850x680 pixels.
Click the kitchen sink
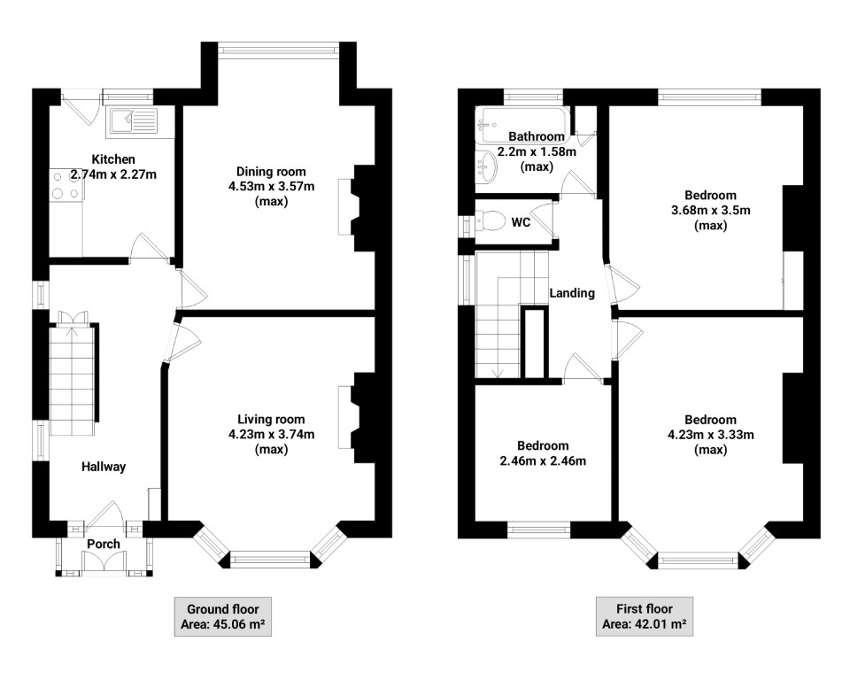click(x=130, y=120)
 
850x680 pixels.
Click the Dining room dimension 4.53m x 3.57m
click(x=271, y=187)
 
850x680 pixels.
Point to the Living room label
click(x=271, y=420)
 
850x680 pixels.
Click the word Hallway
click(x=104, y=467)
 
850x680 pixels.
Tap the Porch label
click(x=104, y=543)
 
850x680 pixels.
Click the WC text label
click(x=521, y=222)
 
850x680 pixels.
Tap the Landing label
click(x=572, y=293)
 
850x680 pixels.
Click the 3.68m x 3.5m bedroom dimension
click(x=710, y=210)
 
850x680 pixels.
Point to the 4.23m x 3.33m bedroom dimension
click(x=710, y=435)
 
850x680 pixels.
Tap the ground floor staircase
click(x=71, y=381)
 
